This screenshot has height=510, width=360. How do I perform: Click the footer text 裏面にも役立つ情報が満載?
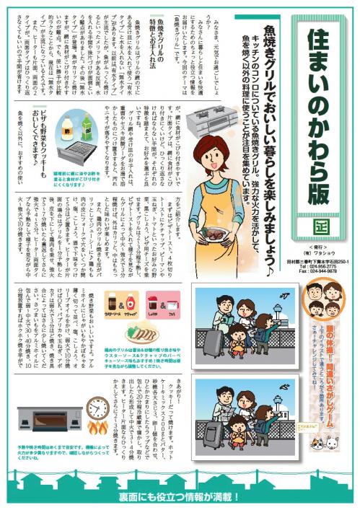[180, 498]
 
